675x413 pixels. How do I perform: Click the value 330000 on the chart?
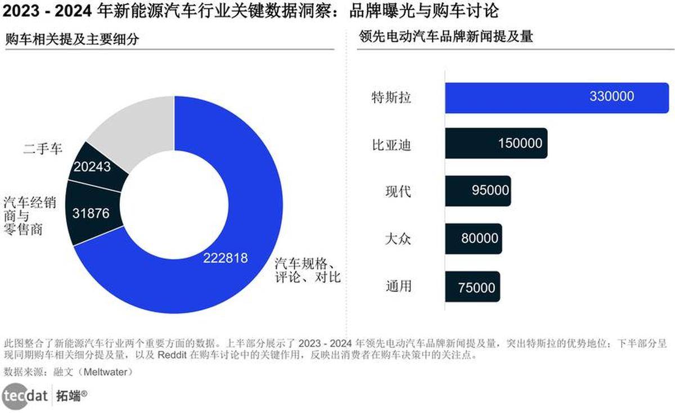[611, 97]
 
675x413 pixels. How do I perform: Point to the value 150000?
[520, 143]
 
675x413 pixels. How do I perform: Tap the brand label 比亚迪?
[391, 145]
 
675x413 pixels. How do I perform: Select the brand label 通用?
[398, 286]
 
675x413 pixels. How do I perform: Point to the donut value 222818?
[226, 258]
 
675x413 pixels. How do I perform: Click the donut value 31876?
[91, 214]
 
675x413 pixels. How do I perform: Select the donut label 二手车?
[43, 149]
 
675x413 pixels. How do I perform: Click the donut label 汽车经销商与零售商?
[29, 216]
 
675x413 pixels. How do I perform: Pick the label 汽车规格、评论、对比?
[307, 271]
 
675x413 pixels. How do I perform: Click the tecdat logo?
[25, 396]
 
